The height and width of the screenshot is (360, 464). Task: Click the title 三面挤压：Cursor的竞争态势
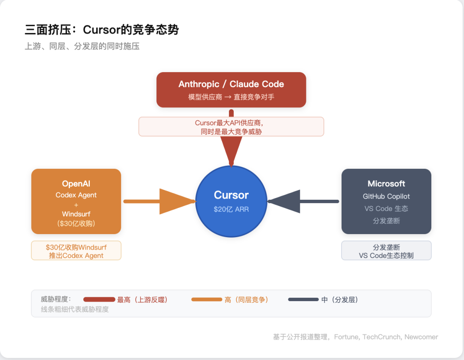click(x=101, y=30)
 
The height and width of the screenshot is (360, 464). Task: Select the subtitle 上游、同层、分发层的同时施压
click(x=82, y=46)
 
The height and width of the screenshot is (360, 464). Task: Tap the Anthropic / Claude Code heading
click(x=231, y=84)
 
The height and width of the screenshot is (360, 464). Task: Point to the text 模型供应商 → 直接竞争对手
click(x=231, y=97)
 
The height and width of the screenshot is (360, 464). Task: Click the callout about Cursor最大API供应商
click(x=231, y=127)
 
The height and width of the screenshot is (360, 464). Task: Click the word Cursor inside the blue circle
click(x=231, y=195)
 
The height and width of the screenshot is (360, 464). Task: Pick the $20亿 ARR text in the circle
click(x=231, y=210)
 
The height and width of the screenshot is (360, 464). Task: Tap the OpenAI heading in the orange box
click(x=76, y=183)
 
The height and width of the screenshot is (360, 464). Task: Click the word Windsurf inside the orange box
click(x=76, y=214)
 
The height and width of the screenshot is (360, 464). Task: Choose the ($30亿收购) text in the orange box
click(x=76, y=223)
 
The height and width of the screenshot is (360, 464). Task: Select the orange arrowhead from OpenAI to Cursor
click(x=177, y=201)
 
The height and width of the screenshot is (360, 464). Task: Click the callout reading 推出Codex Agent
click(x=76, y=256)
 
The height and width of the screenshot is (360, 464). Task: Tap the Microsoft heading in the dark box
click(x=386, y=183)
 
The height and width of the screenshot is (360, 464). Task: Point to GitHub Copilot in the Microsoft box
click(x=386, y=196)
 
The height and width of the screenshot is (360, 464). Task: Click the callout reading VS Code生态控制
click(x=386, y=256)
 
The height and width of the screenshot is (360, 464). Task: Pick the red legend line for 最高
click(x=99, y=299)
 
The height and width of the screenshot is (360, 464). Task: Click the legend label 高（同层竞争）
click(x=247, y=300)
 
